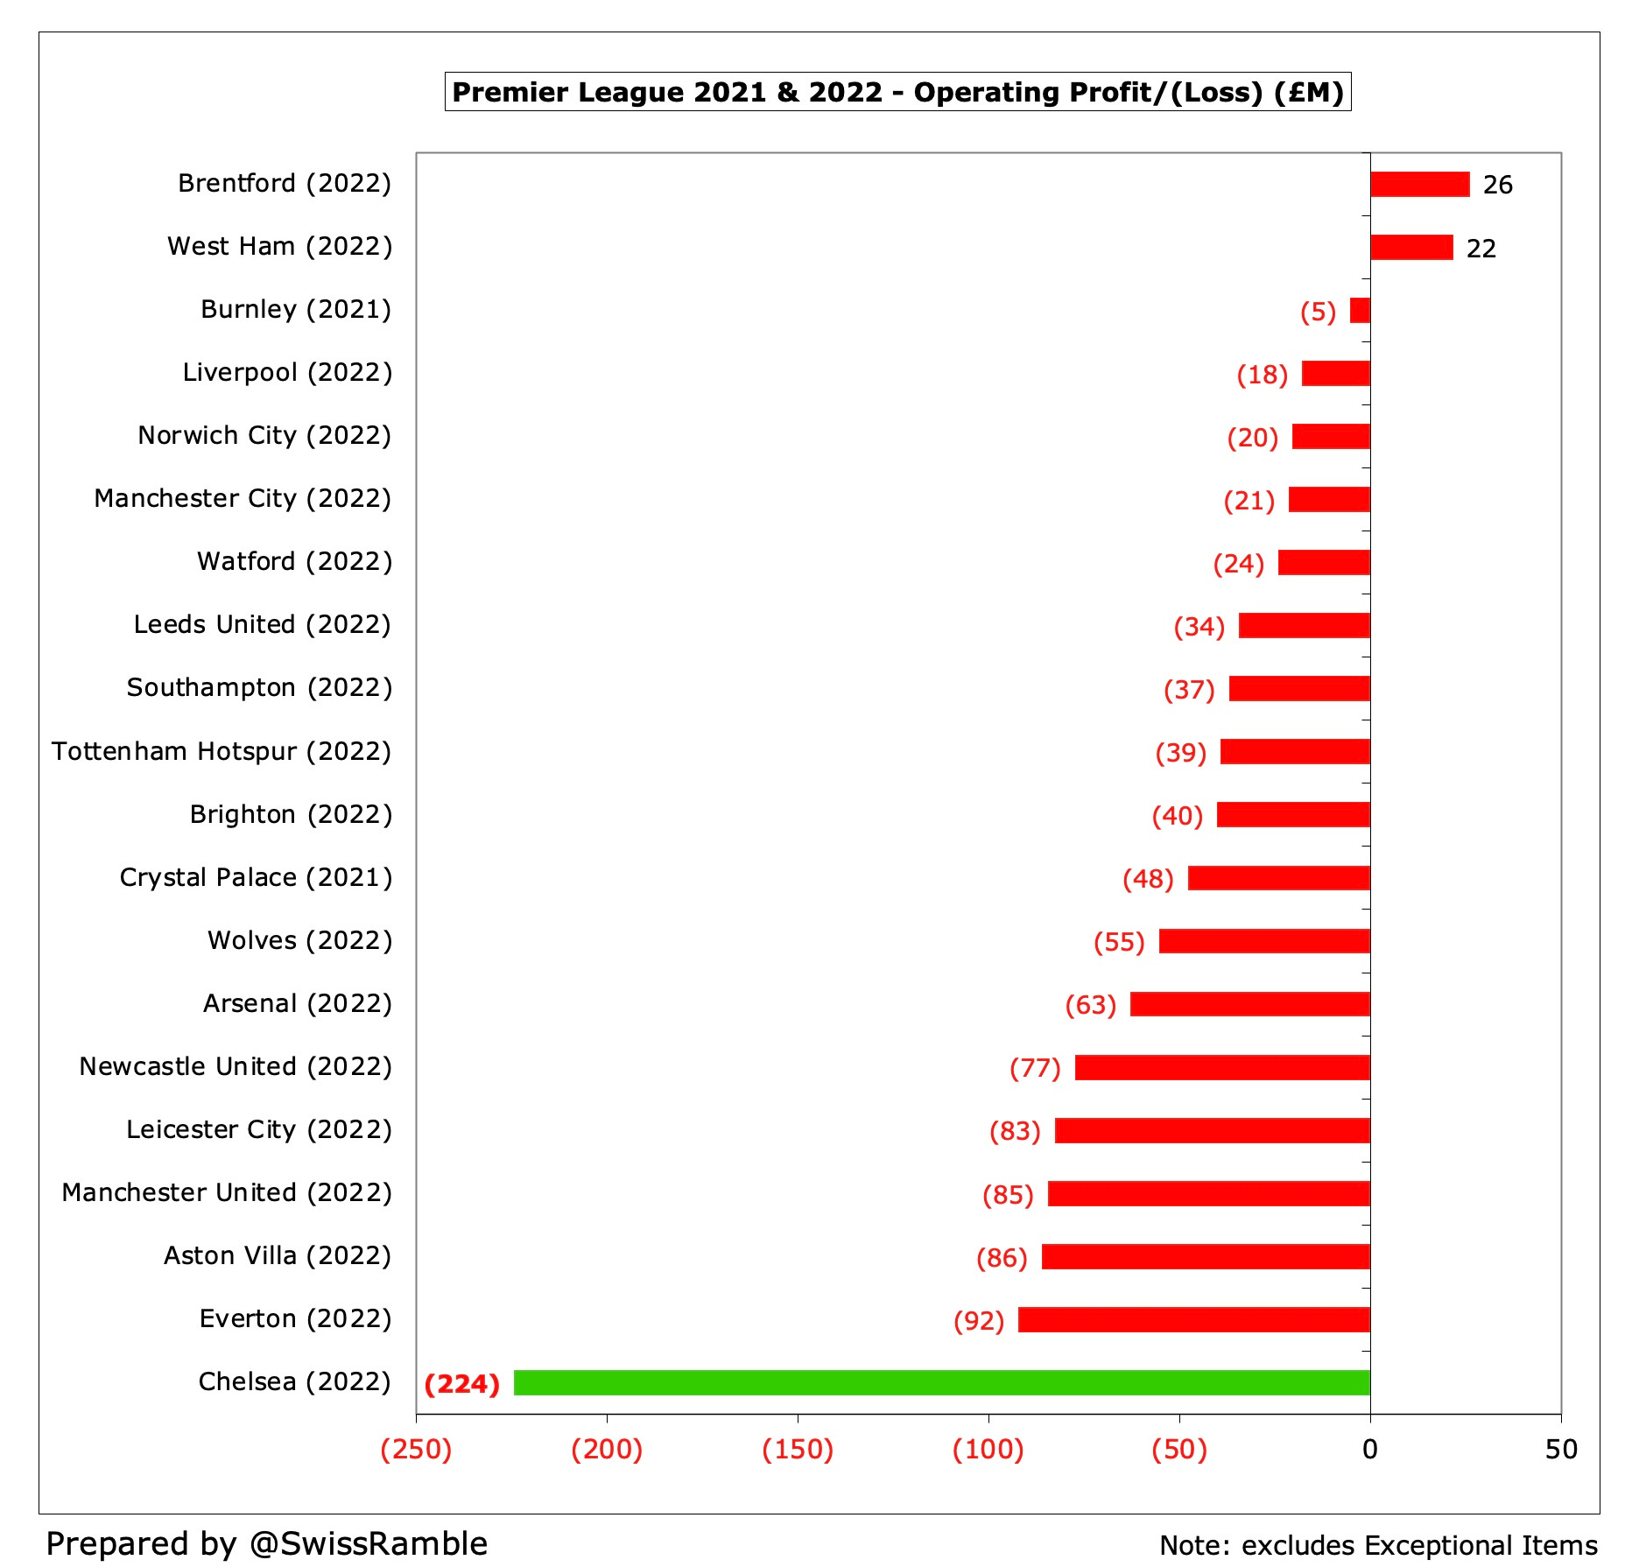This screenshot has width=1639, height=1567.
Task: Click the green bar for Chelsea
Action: pyautogui.click(x=941, y=1382)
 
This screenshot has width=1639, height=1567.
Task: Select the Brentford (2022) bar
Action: pyautogui.click(x=1419, y=184)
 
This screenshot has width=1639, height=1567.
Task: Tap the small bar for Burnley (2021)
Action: pyautogui.click(x=1360, y=311)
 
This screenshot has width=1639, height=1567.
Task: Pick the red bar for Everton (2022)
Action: pyautogui.click(x=1193, y=1319)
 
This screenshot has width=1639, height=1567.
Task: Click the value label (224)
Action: pyautogui.click(x=461, y=1384)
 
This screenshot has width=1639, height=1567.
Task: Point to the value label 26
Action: pyautogui.click(x=1497, y=185)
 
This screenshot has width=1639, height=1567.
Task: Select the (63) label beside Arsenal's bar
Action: pyautogui.click(x=1090, y=1004)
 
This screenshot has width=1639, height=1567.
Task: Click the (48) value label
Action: pyautogui.click(x=1148, y=878)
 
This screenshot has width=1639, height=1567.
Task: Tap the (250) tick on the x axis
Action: pyautogui.click(x=416, y=1449)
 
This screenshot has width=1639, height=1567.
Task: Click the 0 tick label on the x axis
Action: pyautogui.click(x=1370, y=1450)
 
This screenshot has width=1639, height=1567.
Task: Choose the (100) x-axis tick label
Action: pyautogui.click(x=988, y=1449)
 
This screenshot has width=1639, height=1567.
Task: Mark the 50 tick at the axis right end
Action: pyautogui.click(x=1561, y=1450)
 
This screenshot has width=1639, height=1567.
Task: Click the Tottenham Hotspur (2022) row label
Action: pyautogui.click(x=222, y=751)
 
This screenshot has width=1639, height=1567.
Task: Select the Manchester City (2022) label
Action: pyautogui.click(x=243, y=498)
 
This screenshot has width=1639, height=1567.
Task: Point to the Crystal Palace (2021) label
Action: pyautogui.click(x=256, y=877)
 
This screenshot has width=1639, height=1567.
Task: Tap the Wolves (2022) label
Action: pyautogui.click(x=299, y=940)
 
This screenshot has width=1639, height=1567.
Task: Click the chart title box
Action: pyautogui.click(x=897, y=92)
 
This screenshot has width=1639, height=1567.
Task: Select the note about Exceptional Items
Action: pyautogui.click(x=1378, y=1545)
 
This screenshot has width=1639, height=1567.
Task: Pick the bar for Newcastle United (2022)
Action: pyautogui.click(x=1222, y=1067)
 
